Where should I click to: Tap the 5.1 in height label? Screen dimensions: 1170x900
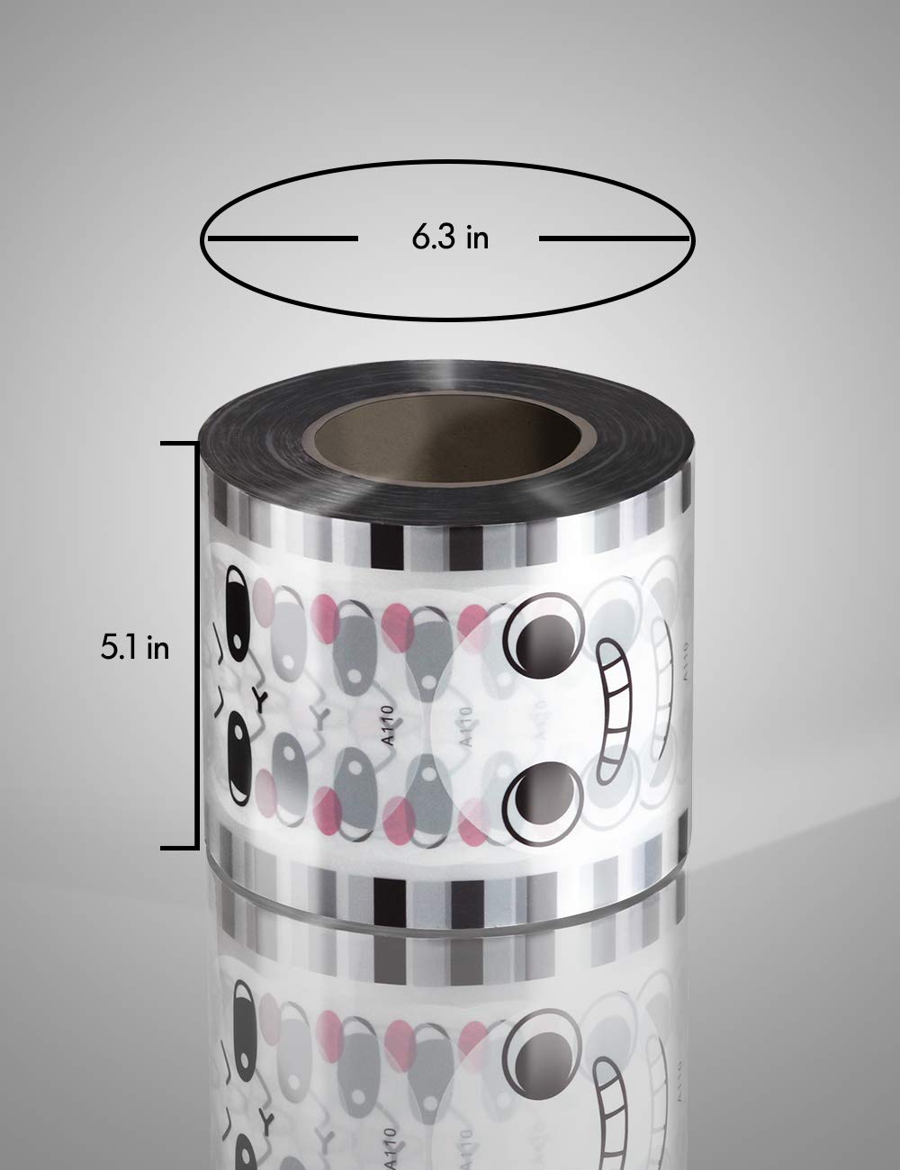[134, 648]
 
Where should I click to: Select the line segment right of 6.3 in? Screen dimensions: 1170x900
[614, 238]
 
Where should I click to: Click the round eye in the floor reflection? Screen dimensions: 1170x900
[540, 1017]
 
